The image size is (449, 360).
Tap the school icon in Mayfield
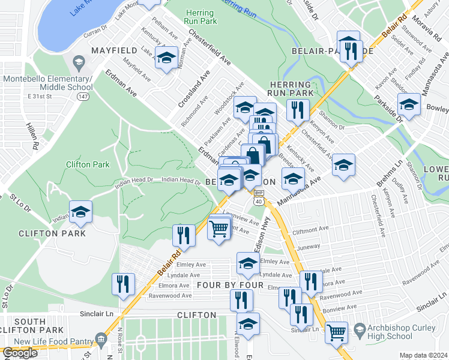click(166, 59)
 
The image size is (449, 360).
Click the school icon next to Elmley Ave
click(247, 263)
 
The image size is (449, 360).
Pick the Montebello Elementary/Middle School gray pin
click(78, 62)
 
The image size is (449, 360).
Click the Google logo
click(20, 353)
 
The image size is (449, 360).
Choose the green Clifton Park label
click(88, 164)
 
